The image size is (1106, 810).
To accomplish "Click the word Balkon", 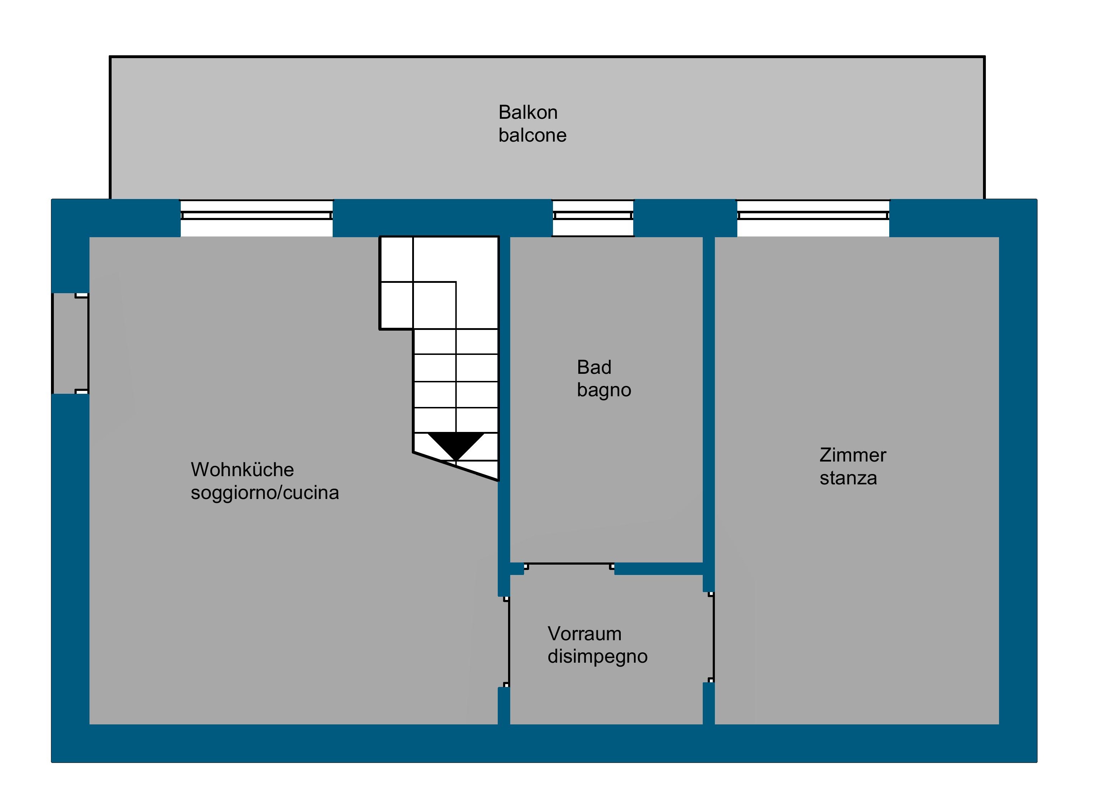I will [x=528, y=113].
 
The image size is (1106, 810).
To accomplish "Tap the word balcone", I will [x=532, y=135].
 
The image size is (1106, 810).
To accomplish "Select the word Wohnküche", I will [x=242, y=470].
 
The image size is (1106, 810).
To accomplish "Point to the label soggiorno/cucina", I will [x=265, y=492].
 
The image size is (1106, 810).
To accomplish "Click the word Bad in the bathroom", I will [x=594, y=367].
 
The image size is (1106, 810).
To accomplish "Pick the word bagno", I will [x=604, y=390].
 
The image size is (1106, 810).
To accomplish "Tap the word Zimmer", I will [x=852, y=455].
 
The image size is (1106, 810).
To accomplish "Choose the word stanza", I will [x=848, y=478].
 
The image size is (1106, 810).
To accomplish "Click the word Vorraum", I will [x=584, y=633].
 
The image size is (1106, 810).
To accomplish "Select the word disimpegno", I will [x=597, y=657].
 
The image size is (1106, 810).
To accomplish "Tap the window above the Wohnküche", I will [x=256, y=216].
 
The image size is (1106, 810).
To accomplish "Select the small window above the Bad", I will [x=593, y=216].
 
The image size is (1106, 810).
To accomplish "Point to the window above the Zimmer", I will [x=813, y=216].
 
